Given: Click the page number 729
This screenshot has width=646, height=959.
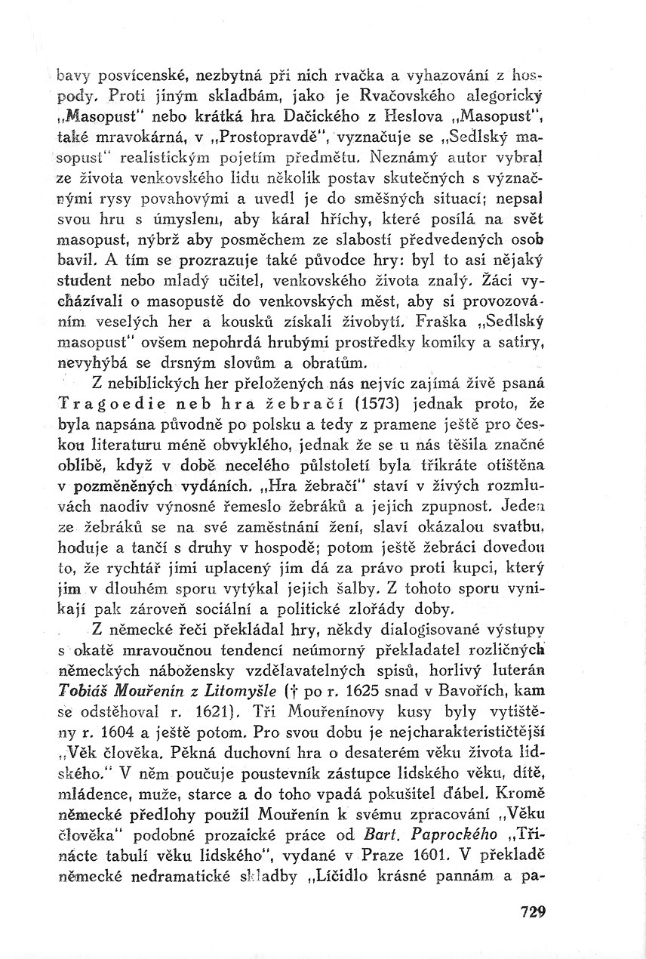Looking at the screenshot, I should (x=532, y=911).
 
